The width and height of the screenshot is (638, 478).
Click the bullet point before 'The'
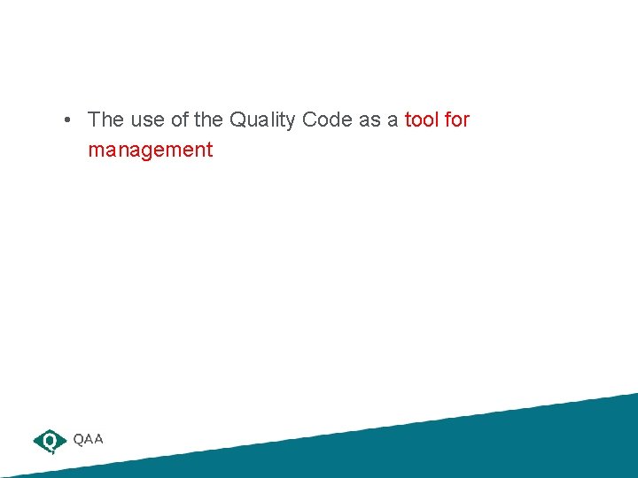(x=67, y=119)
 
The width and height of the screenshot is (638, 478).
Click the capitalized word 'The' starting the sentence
(x=105, y=119)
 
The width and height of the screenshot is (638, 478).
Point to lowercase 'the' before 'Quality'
(x=209, y=119)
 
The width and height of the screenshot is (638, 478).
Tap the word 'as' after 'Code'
(x=370, y=119)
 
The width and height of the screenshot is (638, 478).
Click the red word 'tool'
(x=422, y=119)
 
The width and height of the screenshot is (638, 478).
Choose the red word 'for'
(x=457, y=119)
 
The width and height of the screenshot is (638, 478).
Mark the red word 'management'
(x=151, y=150)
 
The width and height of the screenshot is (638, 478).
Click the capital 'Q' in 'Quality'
(x=237, y=119)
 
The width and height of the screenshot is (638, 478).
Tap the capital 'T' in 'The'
(x=94, y=119)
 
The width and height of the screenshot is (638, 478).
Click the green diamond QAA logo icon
(x=50, y=440)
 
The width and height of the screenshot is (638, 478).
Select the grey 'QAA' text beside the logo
(x=89, y=439)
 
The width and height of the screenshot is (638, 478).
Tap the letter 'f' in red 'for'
(x=447, y=119)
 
